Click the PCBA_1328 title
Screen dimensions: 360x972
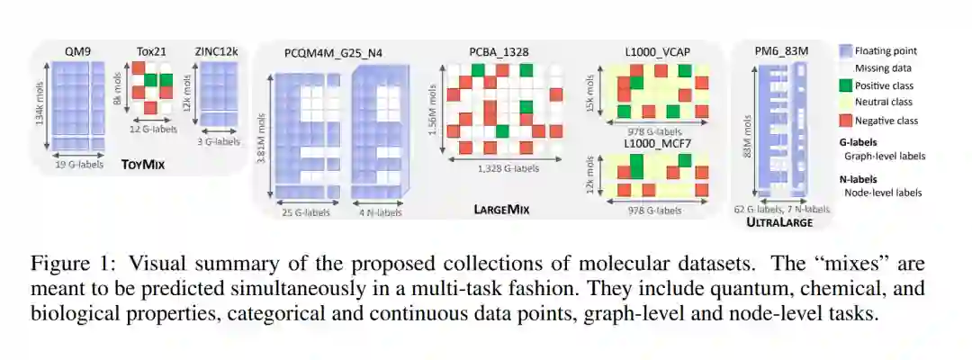click(x=498, y=53)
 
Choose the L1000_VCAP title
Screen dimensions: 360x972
click(x=656, y=53)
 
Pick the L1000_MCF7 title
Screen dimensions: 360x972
click(x=656, y=144)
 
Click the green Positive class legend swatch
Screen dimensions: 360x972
click(x=846, y=86)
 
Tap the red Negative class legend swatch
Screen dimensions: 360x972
click(x=846, y=121)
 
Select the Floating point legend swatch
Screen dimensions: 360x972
click(x=846, y=51)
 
